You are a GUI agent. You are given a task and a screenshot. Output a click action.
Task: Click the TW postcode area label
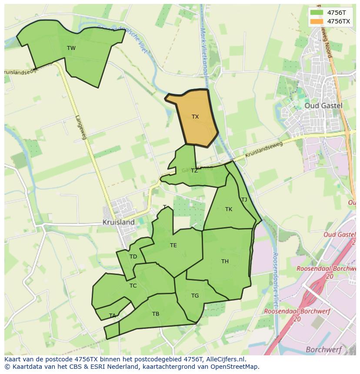click(71, 48)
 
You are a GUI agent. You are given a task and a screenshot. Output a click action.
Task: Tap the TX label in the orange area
click(195, 117)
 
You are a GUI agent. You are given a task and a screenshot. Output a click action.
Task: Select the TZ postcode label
click(194, 171)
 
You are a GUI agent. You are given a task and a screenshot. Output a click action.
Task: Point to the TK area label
click(229, 209)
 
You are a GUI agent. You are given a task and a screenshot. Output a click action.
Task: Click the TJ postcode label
click(244, 200)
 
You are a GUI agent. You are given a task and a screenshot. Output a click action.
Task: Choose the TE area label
click(173, 245)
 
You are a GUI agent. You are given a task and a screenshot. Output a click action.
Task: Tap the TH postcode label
click(225, 261)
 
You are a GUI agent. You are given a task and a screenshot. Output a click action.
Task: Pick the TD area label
click(133, 257)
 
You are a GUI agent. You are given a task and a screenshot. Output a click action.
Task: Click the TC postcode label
click(133, 286)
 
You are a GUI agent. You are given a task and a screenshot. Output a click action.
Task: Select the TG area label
click(195, 296)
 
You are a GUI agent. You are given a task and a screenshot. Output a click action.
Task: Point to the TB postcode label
click(156, 314)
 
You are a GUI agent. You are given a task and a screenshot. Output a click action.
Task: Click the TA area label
click(113, 316)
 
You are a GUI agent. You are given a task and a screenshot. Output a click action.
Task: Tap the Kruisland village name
click(118, 222)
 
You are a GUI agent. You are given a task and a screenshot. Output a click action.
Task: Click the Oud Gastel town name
click(323, 106)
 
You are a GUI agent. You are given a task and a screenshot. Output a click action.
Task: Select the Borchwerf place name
click(323, 349)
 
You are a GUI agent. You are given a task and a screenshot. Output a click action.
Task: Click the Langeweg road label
click(81, 127)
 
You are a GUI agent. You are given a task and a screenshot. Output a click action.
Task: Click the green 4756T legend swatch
click(317, 13)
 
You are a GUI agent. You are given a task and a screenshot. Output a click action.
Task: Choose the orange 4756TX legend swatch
click(317, 21)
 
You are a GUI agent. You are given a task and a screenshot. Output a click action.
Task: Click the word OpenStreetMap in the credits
click(235, 367)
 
